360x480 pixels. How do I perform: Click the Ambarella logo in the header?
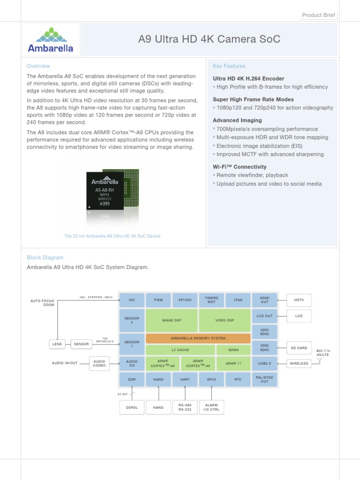tap(51, 39)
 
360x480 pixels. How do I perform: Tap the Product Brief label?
tap(319, 15)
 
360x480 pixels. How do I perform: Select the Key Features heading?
tap(229, 66)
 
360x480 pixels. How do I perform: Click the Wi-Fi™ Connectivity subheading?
tap(240, 167)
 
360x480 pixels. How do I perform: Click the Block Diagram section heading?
tap(45, 257)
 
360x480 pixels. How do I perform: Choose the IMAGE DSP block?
tap(172, 320)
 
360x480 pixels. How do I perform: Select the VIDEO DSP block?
tap(225, 320)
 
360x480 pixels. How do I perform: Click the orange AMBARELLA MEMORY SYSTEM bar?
tap(198, 338)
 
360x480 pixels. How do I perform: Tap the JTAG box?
tap(238, 300)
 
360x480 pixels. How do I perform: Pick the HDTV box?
tap(299, 300)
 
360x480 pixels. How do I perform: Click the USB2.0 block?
tap(265, 363)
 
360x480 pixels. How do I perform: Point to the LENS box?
tap(57, 344)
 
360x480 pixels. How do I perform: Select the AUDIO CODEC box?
tap(99, 363)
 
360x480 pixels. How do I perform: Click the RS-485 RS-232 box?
tap(185, 407)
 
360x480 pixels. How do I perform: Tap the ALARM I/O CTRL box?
tap(211, 407)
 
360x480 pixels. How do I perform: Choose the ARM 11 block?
tap(233, 363)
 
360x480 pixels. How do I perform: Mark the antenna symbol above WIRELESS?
tap(320, 360)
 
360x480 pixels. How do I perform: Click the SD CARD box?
tap(299, 348)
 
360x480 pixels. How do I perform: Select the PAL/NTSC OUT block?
tap(265, 379)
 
